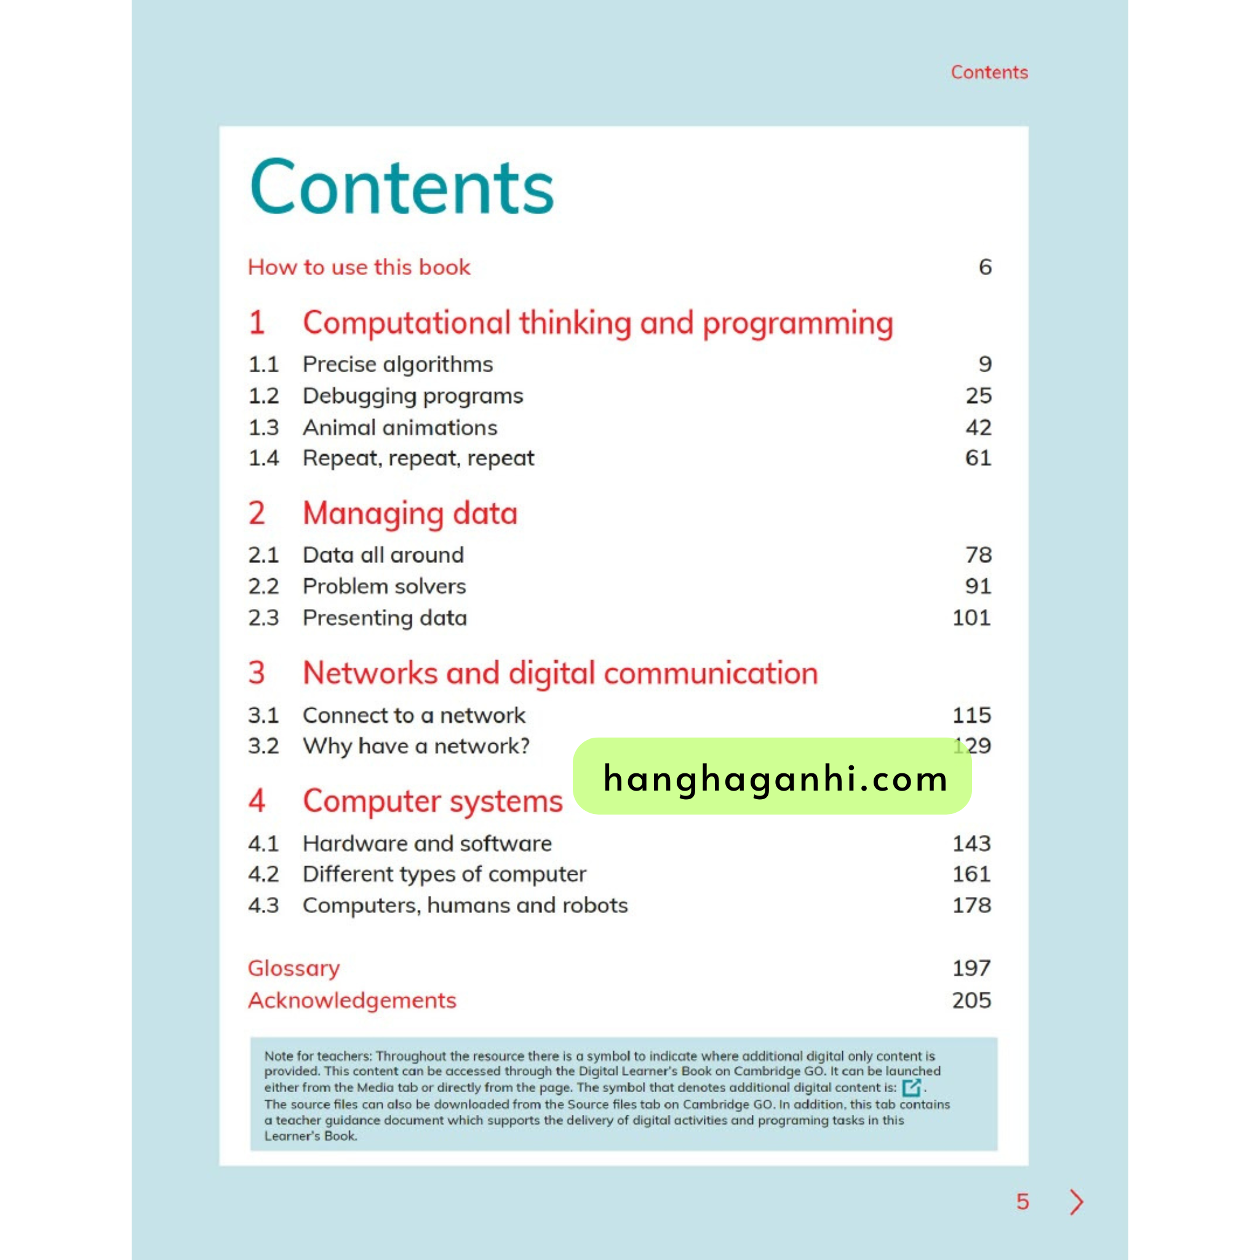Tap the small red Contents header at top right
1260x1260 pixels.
point(989,73)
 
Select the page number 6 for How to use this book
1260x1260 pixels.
point(985,267)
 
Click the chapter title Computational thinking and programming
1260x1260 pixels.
point(597,324)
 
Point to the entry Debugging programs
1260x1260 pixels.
point(412,396)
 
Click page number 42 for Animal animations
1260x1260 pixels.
point(978,427)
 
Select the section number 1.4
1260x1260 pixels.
point(263,458)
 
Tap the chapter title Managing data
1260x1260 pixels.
point(410,514)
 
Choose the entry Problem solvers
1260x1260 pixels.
point(384,586)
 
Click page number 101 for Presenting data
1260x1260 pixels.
point(971,618)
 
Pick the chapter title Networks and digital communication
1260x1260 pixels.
point(560,673)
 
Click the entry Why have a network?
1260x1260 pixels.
point(416,746)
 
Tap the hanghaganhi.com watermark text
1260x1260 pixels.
point(775,778)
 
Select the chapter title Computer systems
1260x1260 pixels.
point(433,801)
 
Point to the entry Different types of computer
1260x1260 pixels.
point(444,874)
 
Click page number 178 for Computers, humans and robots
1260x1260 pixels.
point(971,905)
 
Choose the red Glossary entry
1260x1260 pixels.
point(293,968)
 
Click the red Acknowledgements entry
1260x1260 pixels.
point(351,1000)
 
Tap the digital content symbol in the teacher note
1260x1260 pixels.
point(911,1087)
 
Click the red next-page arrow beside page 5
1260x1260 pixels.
point(1076,1202)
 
